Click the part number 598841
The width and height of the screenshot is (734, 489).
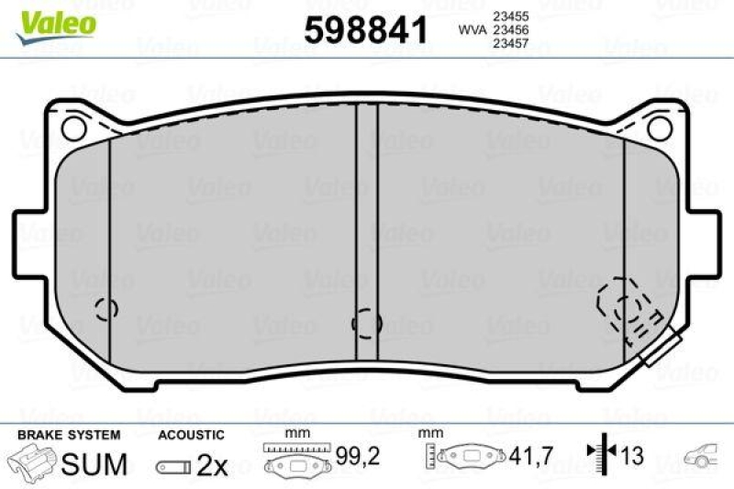366,31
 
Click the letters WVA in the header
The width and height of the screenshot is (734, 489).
472,29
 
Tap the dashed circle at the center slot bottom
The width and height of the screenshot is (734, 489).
367,322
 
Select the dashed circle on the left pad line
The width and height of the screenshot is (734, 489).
107,309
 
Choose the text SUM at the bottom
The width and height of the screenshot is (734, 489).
94,464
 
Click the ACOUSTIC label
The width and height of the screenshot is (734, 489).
191,434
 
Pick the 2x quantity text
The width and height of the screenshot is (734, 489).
213,465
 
